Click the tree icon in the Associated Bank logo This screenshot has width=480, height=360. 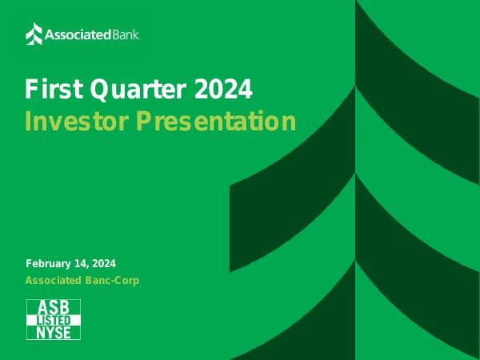point(34,34)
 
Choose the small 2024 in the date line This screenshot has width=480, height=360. point(104,263)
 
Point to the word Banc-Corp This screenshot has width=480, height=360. point(113,280)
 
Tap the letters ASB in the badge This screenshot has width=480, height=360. point(54,308)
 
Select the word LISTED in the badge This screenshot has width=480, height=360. point(54,320)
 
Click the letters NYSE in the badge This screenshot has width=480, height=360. point(54,332)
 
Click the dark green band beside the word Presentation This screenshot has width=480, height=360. point(320,144)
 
